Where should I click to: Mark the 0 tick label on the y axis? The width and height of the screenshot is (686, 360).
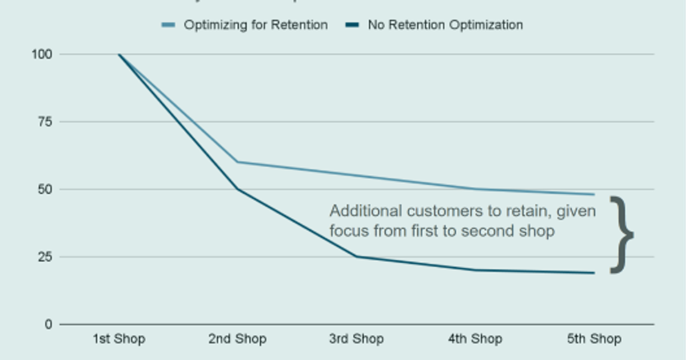[48, 324]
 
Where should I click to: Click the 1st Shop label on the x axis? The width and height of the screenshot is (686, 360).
[119, 339]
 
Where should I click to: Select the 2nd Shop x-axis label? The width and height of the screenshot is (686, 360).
[237, 339]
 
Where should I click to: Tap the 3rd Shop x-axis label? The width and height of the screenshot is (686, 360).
[356, 339]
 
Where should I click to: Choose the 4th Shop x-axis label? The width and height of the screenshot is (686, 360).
[475, 339]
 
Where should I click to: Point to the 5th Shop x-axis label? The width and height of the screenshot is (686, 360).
[594, 339]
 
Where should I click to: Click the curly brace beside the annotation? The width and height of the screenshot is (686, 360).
[622, 235]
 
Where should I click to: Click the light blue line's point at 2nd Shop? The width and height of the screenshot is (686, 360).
[238, 162]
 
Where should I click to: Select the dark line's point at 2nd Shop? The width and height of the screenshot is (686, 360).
[238, 189]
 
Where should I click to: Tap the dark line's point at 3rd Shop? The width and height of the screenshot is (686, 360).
[357, 257]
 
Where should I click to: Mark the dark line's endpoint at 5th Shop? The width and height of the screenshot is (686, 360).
[594, 273]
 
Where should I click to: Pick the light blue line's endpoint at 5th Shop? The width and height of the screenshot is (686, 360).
[594, 194]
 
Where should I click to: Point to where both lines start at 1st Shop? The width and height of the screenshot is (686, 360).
[119, 54]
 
